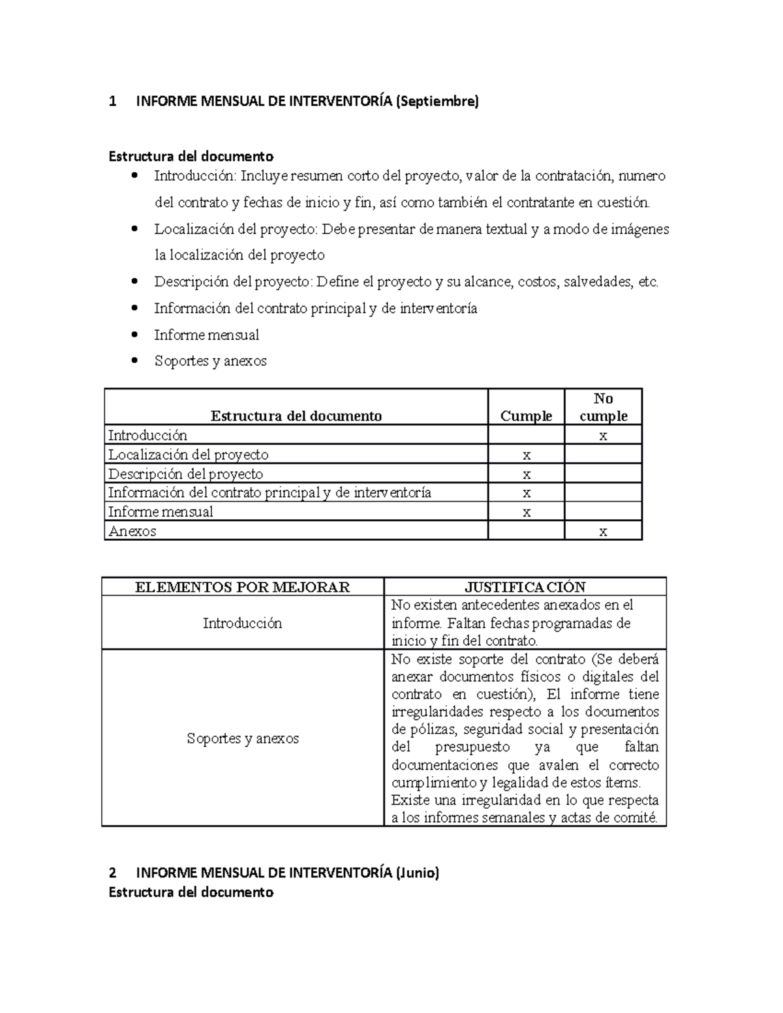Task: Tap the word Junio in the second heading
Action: click(x=418, y=873)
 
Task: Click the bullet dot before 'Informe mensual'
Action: click(x=135, y=335)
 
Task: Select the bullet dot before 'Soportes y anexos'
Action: click(x=135, y=361)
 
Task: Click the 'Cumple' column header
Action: click(x=526, y=416)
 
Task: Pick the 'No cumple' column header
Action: click(x=603, y=407)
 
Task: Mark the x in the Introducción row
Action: click(x=603, y=436)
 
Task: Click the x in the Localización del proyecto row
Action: click(x=526, y=455)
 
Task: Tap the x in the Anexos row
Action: click(x=603, y=532)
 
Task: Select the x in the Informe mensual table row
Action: click(x=526, y=513)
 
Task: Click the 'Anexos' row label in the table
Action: click(x=132, y=531)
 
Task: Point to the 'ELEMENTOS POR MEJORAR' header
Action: click(x=242, y=587)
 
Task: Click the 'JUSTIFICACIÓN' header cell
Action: click(x=525, y=587)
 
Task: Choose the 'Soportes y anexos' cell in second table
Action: click(x=242, y=738)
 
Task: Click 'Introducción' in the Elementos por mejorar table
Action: click(x=242, y=623)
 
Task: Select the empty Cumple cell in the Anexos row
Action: click(x=526, y=531)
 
